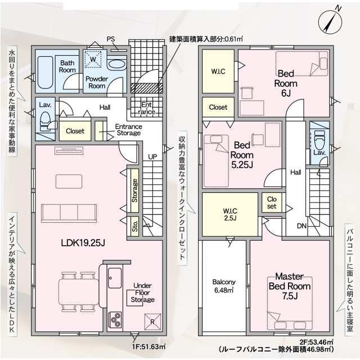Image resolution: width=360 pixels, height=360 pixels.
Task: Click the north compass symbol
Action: click(x=330, y=22)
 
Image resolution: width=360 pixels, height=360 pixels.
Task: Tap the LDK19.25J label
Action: click(x=83, y=242)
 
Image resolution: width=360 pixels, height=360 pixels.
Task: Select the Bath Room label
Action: click(x=67, y=66)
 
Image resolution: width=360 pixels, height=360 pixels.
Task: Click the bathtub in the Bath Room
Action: click(x=45, y=73)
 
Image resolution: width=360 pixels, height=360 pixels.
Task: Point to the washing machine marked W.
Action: click(x=93, y=60)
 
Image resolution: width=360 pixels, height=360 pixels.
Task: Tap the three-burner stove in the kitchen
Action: click(x=115, y=319)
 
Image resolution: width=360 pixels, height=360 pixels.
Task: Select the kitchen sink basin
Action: click(x=115, y=278)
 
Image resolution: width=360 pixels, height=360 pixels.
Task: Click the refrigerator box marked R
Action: click(x=152, y=322)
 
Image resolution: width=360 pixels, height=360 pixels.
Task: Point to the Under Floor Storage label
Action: click(x=142, y=292)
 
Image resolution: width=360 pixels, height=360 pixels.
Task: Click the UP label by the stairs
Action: click(x=152, y=157)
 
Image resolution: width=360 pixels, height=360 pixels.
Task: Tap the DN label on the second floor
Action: click(x=301, y=226)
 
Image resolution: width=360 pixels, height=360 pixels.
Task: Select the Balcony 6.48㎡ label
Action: click(x=224, y=286)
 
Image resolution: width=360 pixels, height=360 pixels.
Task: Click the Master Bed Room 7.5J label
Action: click(x=290, y=286)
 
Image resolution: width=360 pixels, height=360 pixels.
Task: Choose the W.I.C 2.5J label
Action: click(x=230, y=214)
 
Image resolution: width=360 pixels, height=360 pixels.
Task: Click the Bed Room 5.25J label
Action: click(x=242, y=155)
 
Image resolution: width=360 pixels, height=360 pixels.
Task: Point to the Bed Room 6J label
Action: click(x=286, y=83)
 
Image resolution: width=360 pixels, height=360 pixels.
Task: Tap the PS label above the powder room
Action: click(x=111, y=39)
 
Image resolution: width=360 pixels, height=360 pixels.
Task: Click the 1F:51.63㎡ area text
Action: click(x=148, y=346)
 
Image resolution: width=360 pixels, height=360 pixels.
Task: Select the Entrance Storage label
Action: click(x=129, y=130)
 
